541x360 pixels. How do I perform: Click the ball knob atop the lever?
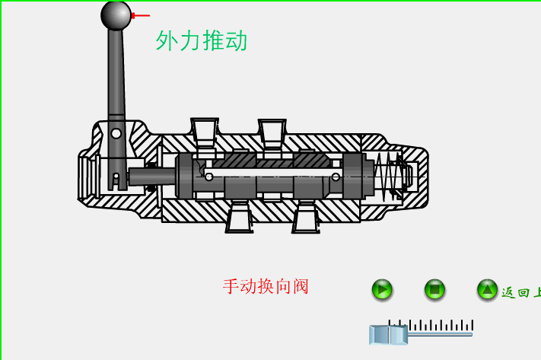116,15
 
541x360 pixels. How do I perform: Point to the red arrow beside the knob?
141,15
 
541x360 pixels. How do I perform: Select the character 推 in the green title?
213,41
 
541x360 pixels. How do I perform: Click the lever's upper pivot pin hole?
116,133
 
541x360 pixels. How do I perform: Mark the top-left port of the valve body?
205,132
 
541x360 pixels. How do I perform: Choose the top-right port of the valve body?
272,132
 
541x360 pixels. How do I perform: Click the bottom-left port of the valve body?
239,218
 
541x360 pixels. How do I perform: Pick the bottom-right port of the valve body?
306,218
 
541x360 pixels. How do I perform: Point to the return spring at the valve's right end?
388,175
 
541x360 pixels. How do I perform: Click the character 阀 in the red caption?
301,287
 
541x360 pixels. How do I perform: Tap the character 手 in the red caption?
231,287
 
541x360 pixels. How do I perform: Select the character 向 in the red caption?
283,287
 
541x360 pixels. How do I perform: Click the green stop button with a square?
434,289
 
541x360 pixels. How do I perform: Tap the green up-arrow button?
487,289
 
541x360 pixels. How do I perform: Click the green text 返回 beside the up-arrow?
517,292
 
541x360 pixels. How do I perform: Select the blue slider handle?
388,335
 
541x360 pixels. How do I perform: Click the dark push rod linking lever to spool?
152,177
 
